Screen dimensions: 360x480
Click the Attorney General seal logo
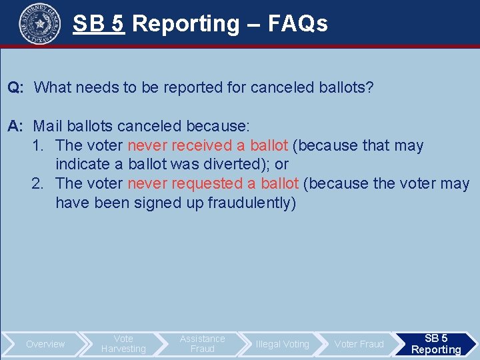point(39,23)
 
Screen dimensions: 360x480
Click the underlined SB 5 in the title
point(99,24)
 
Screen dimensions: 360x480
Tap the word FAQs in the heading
point(297,24)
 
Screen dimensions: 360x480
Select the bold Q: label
point(17,87)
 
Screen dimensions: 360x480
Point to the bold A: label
point(17,126)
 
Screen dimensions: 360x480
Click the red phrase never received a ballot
point(207,145)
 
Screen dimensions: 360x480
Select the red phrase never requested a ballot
point(215,183)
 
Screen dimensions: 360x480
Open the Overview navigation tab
point(45,344)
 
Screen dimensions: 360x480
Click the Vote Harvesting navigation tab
point(123,344)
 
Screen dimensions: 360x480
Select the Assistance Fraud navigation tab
point(203,344)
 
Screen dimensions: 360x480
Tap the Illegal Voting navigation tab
point(282,344)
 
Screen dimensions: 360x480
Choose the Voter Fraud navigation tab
point(359,344)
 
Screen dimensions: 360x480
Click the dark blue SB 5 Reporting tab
point(436,344)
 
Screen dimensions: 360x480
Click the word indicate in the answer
point(84,164)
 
